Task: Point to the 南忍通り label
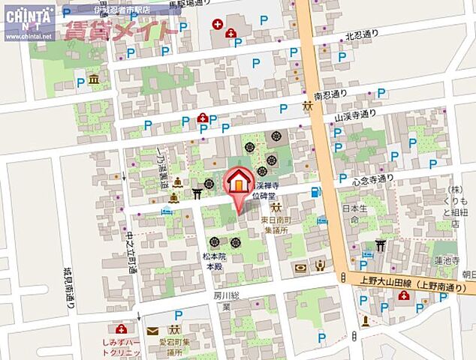332,96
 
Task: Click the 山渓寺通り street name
354,115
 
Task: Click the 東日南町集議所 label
279,226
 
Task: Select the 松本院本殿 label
215,260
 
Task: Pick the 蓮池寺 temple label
446,259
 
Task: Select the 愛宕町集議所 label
175,346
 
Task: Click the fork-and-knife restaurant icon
320,265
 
